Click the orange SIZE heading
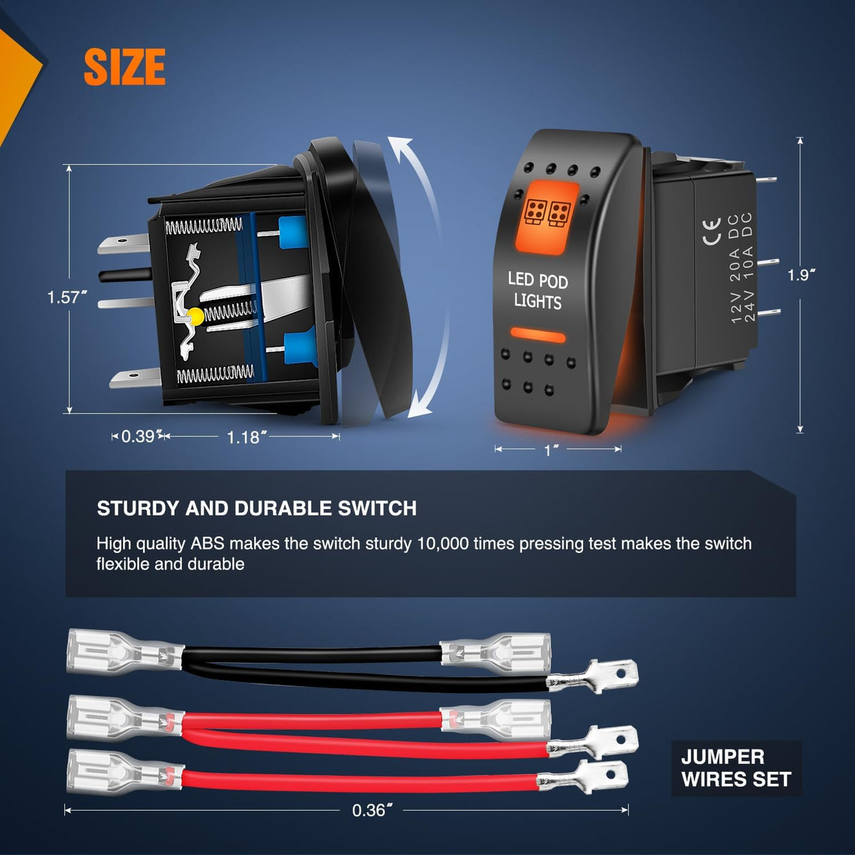pyautogui.click(x=125, y=67)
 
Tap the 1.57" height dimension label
pyautogui.click(x=67, y=297)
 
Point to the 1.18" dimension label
pyautogui.click(x=246, y=437)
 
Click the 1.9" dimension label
pyautogui.click(x=801, y=275)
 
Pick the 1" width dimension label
pyautogui.click(x=551, y=450)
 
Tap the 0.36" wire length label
pyautogui.click(x=372, y=810)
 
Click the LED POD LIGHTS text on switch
pyautogui.click(x=538, y=291)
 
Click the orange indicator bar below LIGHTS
pyautogui.click(x=538, y=335)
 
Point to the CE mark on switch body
pyautogui.click(x=712, y=232)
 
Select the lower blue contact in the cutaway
pyautogui.click(x=298, y=349)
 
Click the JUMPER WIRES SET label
pyautogui.click(x=736, y=768)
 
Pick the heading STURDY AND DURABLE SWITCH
pyautogui.click(x=257, y=508)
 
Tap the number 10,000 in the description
pyautogui.click(x=442, y=544)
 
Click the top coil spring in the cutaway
pyautogui.click(x=204, y=226)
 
